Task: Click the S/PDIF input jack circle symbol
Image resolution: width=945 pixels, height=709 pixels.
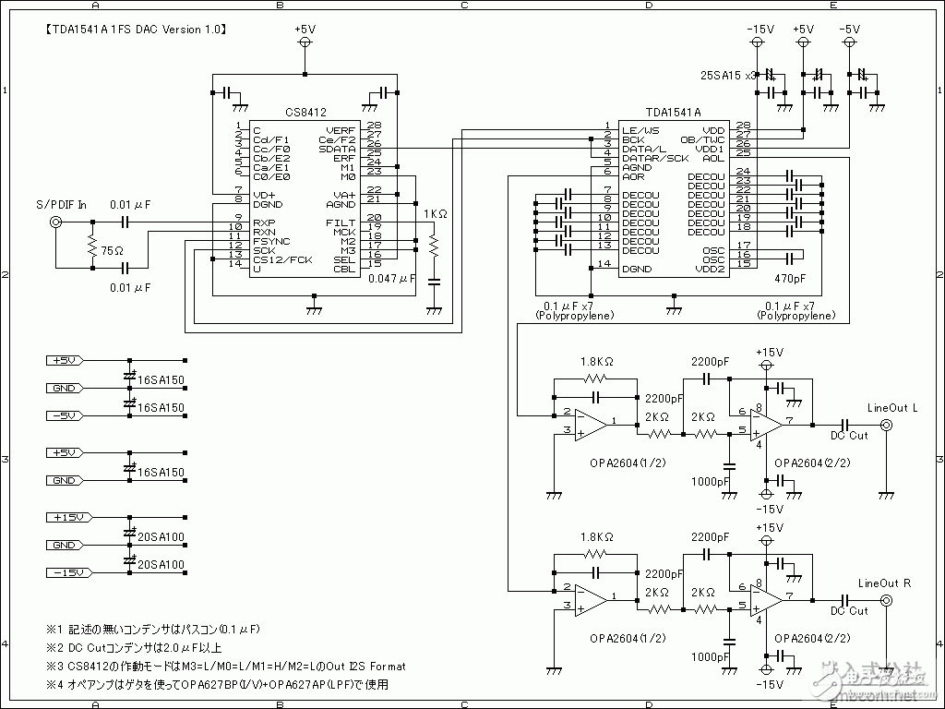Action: click(56, 222)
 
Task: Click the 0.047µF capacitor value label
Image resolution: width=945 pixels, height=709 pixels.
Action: click(392, 277)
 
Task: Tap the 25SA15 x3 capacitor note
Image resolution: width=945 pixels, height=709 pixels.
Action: click(728, 75)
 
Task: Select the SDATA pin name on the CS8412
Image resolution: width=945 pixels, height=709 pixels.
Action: click(337, 149)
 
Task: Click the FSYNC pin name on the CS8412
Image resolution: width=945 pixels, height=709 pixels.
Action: click(271, 241)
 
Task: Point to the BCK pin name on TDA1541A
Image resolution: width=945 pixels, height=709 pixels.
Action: click(633, 139)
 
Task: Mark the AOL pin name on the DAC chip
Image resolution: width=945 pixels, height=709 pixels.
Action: click(712, 158)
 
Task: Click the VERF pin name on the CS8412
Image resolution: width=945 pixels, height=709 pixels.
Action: click(341, 130)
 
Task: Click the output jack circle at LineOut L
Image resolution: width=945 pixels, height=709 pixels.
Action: click(886, 425)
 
